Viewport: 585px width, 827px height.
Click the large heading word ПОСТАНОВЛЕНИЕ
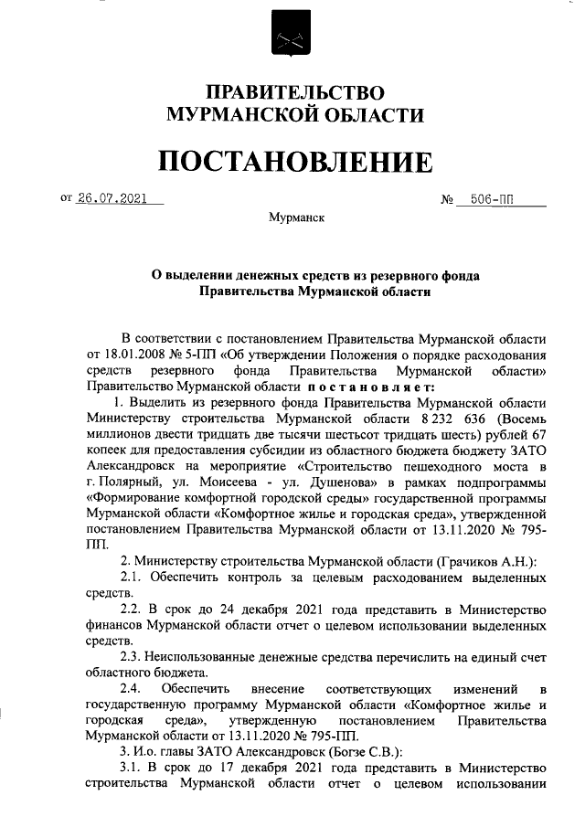[293, 162]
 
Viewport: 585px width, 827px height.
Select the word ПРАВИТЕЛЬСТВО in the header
[293, 93]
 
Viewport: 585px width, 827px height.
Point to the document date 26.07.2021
[113, 197]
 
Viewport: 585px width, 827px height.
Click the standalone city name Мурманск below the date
[292, 218]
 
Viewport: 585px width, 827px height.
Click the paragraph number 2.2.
[133, 609]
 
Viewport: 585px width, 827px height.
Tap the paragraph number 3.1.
[133, 767]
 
